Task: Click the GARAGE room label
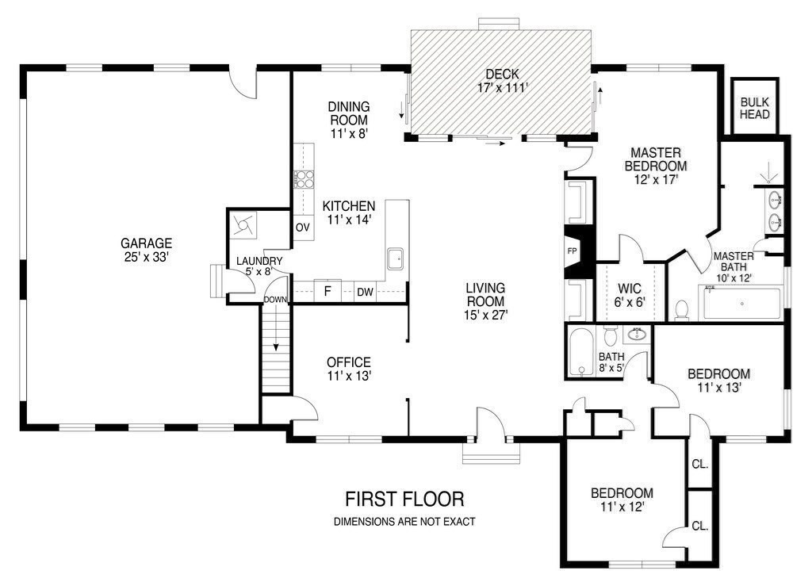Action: (x=146, y=243)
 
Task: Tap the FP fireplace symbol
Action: (x=573, y=251)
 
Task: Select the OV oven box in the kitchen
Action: (x=303, y=227)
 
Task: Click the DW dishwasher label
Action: (x=365, y=292)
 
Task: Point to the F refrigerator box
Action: (x=327, y=291)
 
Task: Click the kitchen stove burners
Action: (x=304, y=179)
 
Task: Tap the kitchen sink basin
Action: (x=396, y=259)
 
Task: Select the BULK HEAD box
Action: (x=755, y=108)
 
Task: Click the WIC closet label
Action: (x=630, y=289)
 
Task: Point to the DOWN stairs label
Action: (x=275, y=299)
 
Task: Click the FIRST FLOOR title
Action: (x=404, y=500)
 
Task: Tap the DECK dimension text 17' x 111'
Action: (x=502, y=88)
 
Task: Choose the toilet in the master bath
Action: (x=682, y=310)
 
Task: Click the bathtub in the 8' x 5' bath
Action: (x=581, y=353)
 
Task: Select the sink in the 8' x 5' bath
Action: (x=637, y=335)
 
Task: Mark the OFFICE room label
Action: (x=349, y=362)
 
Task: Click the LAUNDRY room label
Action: (x=259, y=261)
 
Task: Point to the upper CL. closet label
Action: (x=699, y=465)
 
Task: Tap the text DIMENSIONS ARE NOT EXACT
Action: (x=404, y=522)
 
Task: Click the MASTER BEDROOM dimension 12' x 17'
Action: (x=656, y=180)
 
